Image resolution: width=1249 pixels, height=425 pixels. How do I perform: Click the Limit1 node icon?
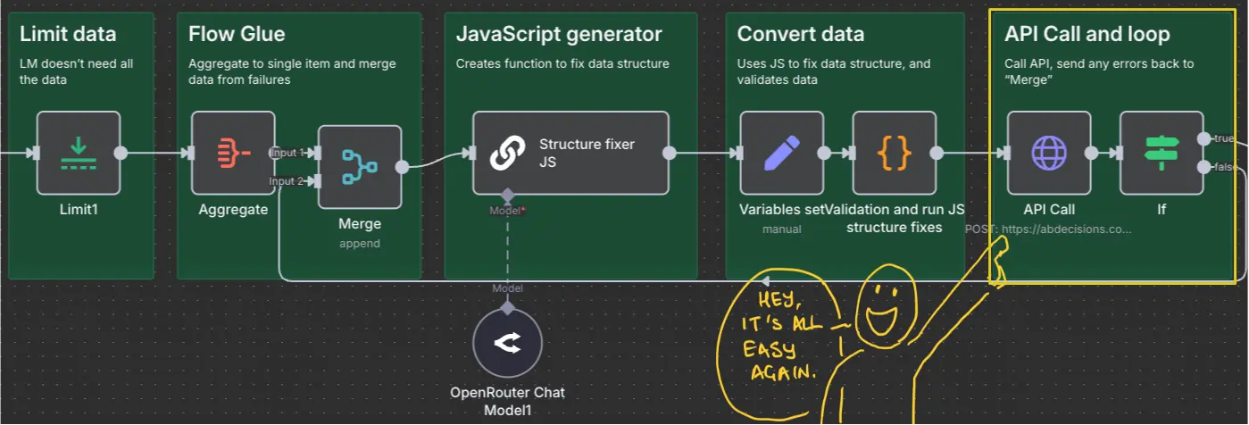79,153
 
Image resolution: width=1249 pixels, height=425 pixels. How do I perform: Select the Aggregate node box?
233,153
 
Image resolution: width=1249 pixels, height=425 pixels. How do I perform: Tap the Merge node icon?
360,167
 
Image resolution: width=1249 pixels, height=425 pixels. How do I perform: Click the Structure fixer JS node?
571,153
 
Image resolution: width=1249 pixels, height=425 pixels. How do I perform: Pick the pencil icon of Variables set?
782,153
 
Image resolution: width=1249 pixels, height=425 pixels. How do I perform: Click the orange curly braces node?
895,153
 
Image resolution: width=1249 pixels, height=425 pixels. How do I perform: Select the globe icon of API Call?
1049,153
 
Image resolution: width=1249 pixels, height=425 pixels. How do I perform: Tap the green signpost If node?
1162,153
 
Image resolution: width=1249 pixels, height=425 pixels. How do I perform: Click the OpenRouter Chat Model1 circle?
507,343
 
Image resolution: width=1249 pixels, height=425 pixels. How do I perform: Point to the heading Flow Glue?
237,34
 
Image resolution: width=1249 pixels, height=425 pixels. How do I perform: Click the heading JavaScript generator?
559,34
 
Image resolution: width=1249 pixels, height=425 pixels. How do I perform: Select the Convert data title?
800,34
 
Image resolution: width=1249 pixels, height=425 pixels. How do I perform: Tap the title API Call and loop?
1087,34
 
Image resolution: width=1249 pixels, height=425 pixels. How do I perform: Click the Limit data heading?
68,34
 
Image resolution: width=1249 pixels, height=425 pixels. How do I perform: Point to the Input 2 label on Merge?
286,181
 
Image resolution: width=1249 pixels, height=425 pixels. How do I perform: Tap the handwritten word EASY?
769,349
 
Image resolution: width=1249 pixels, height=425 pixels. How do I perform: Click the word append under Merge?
360,244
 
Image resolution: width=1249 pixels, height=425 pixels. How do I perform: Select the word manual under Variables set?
782,229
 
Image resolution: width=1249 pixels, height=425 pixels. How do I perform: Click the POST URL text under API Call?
1048,229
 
